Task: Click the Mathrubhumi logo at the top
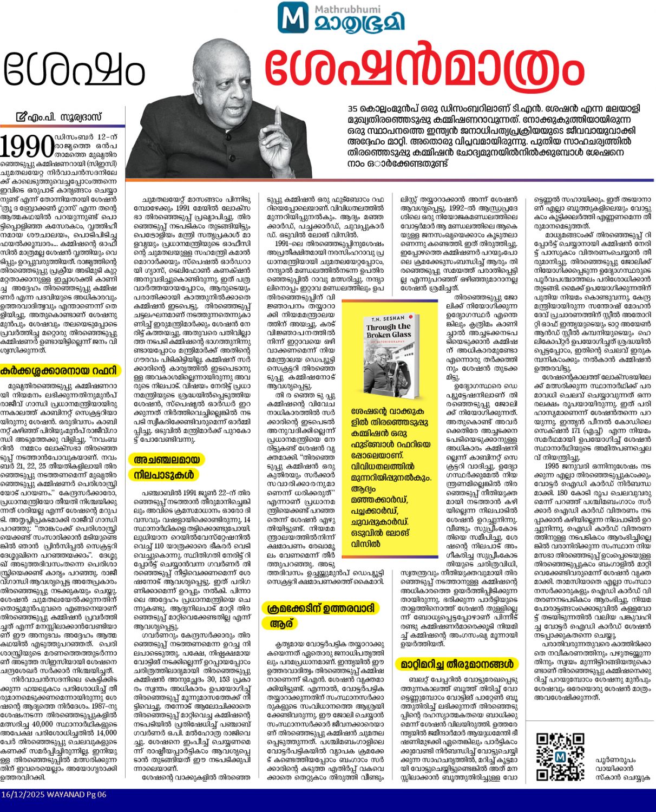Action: coord(340,17)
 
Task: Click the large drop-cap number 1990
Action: coord(27,146)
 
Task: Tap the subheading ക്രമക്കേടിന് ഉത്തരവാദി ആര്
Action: coord(320,615)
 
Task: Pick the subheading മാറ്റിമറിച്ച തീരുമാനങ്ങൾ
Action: coord(456,664)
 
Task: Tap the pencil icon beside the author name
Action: coord(21,116)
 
